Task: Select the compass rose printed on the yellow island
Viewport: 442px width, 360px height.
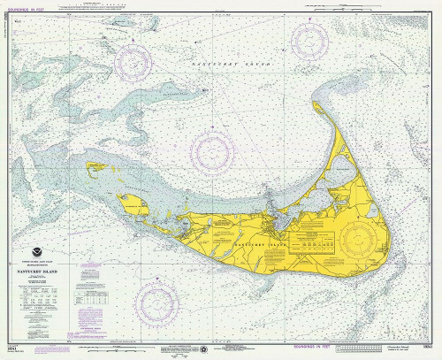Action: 360,237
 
